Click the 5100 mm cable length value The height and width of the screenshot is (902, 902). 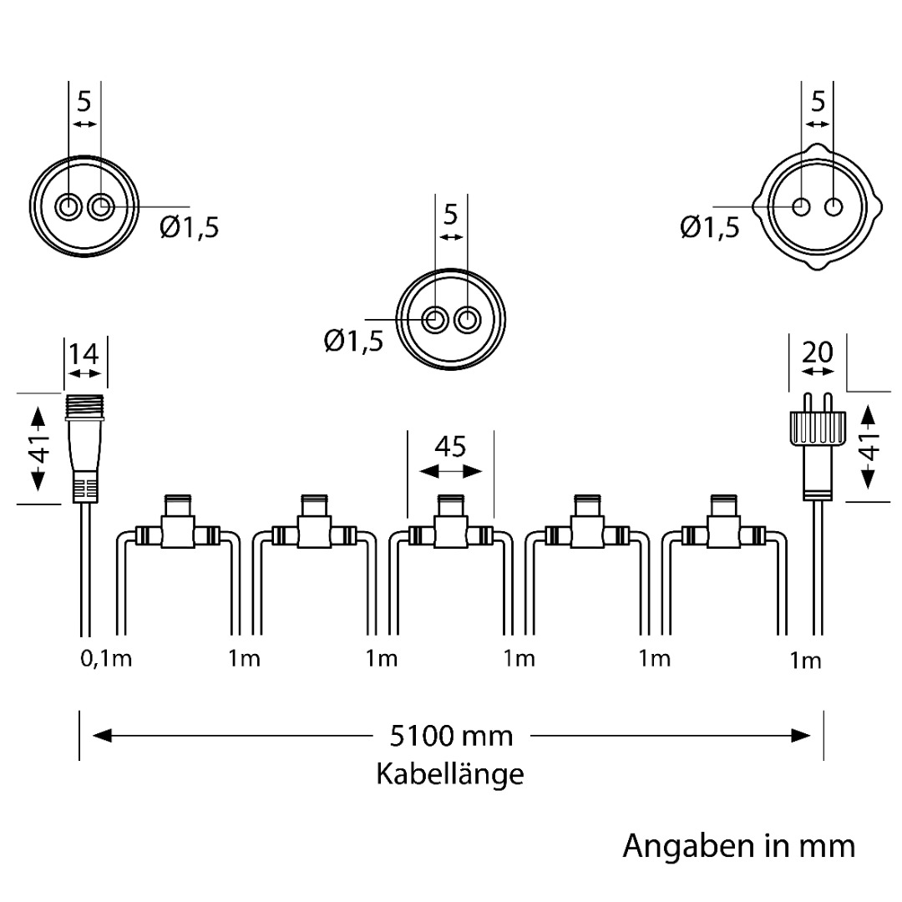(451, 736)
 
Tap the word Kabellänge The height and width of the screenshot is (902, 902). (450, 774)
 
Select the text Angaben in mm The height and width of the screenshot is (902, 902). (738, 845)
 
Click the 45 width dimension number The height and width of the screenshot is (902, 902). (450, 448)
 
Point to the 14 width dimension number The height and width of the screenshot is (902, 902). (84, 354)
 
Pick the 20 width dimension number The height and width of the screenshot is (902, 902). (817, 352)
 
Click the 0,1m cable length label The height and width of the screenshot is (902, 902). (106, 659)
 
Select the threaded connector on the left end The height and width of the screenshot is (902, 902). (84, 447)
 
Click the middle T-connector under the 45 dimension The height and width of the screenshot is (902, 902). (450, 526)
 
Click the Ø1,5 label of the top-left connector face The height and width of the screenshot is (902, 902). (190, 227)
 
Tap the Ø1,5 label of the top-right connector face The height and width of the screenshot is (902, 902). (709, 227)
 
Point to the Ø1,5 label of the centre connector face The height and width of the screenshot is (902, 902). (353, 341)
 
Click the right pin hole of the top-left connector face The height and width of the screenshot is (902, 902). (100, 206)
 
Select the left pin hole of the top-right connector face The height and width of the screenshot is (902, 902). (802, 206)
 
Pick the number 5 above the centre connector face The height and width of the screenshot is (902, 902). (450, 215)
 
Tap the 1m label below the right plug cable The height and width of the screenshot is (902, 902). (805, 661)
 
